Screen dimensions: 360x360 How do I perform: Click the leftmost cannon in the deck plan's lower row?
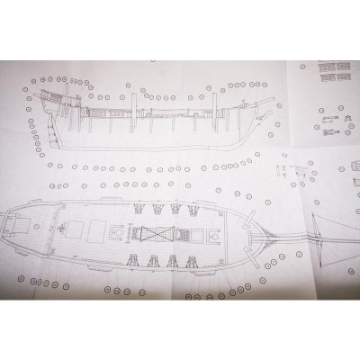click(x=135, y=261)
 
